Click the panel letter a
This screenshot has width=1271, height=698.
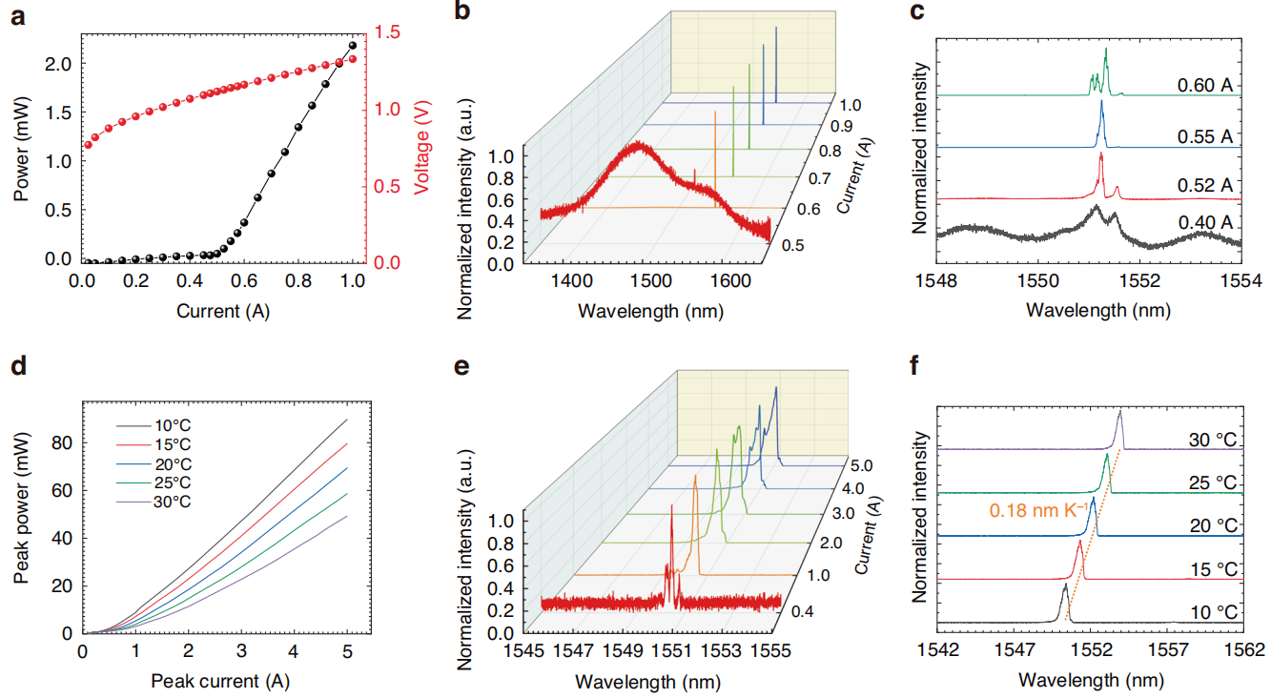coord(18,17)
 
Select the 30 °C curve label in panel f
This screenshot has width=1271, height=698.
coord(1214,440)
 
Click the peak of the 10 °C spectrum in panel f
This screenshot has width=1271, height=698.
coord(1064,587)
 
